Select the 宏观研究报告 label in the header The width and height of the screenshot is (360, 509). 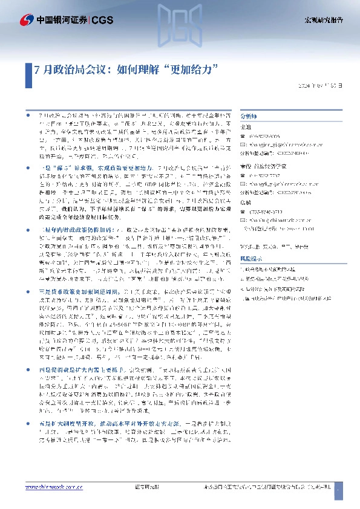[x=323, y=20]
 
